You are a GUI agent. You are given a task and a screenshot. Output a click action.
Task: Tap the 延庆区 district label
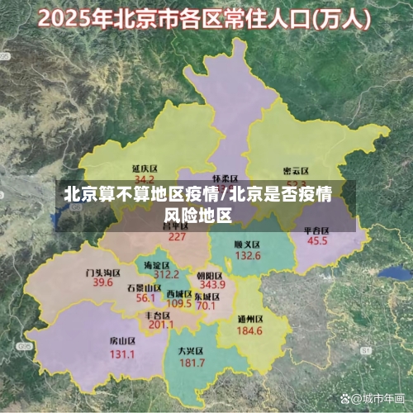pos(145,168)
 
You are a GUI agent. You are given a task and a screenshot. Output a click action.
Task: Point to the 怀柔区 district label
pos(225,178)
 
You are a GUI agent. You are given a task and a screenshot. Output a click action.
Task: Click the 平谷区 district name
pos(317,230)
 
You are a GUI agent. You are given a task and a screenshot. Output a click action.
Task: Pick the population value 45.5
pos(317,242)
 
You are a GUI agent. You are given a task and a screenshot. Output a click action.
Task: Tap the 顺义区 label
pos(247,244)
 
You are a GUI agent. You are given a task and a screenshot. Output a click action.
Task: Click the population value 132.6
pos(247,257)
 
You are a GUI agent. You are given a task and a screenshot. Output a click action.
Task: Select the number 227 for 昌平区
pos(177,236)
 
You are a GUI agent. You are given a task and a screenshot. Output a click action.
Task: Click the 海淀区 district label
pos(160,264)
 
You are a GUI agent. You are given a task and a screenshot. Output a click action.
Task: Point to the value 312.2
pos(166,275)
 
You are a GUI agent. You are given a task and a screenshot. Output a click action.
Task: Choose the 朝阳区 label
pos(210,275)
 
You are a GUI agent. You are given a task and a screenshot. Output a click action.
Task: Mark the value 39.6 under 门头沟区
pos(102,282)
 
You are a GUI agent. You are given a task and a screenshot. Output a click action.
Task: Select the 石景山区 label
pos(145,287)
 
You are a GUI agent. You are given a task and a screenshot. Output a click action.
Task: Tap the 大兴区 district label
pos(191,351)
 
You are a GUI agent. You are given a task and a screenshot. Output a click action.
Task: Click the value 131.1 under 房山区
pos(122,354)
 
